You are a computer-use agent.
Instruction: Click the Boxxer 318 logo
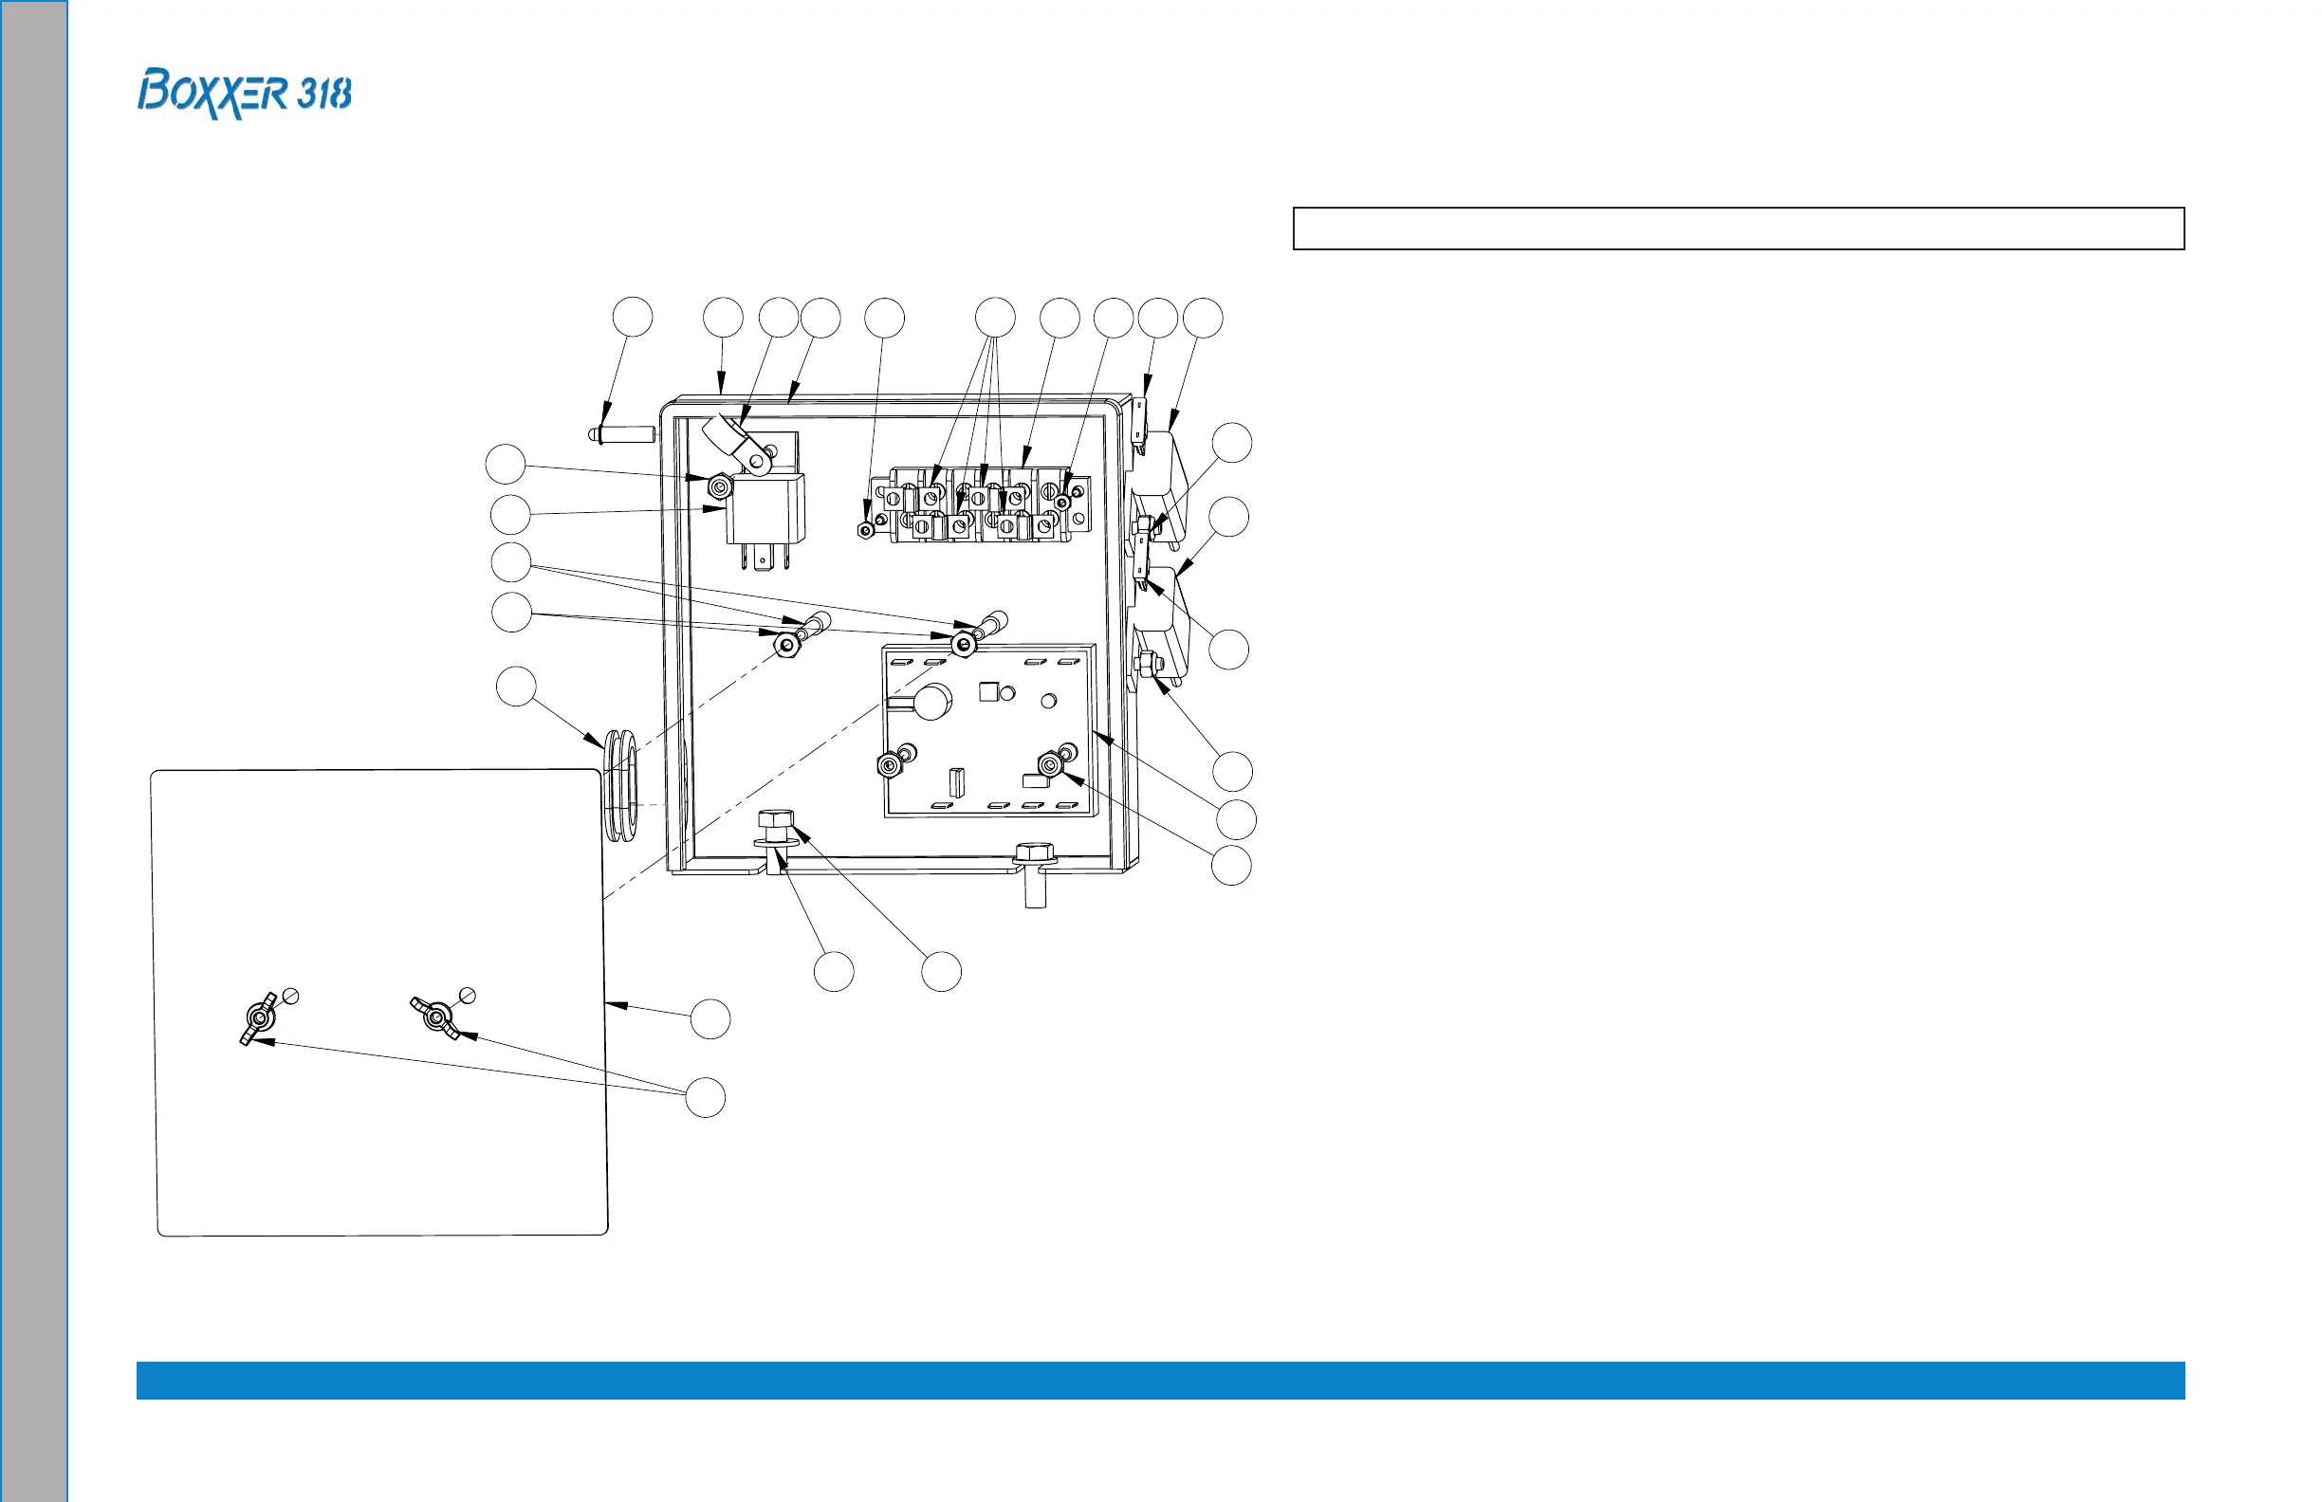coord(244,94)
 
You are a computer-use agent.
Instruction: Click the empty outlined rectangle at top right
coord(1738,229)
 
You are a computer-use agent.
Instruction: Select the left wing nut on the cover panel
coord(259,1019)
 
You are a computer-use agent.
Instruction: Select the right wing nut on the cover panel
coord(435,1017)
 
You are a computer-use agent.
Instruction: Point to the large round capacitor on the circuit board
coord(931,702)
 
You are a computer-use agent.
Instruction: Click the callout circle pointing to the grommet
coord(516,687)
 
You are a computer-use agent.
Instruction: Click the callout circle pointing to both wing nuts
coord(706,1097)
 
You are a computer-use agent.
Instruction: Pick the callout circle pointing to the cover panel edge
coord(710,1019)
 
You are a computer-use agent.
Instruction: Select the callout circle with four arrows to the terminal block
coord(995,318)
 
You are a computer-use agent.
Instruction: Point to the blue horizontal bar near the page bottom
coord(1160,1380)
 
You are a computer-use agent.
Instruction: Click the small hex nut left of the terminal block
coord(864,531)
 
